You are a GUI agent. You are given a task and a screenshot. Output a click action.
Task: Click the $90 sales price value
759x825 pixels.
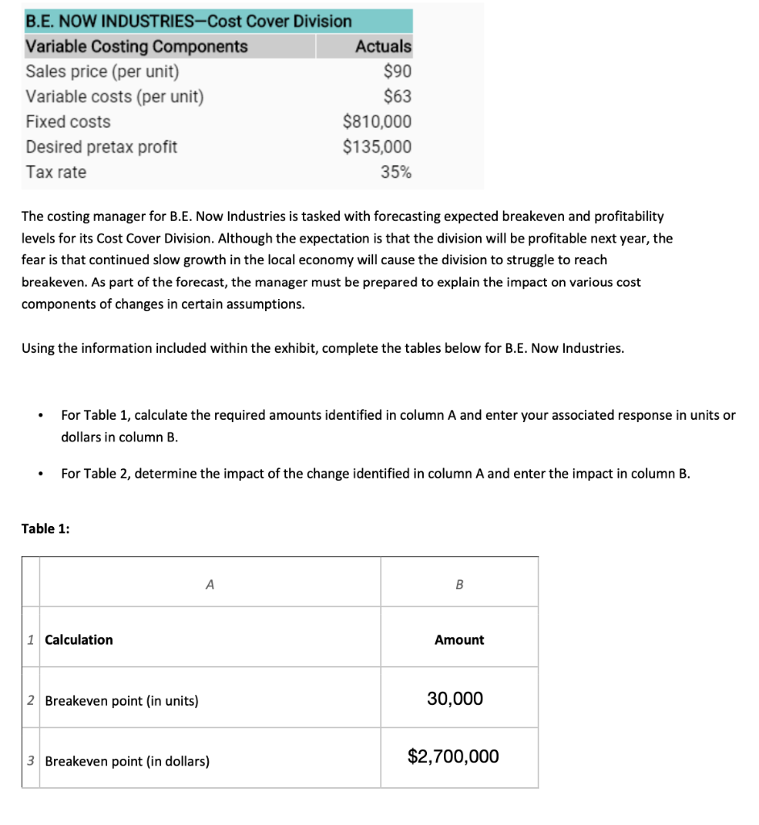pos(397,71)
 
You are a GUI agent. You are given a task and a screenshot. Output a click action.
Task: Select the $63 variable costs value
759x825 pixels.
pos(397,97)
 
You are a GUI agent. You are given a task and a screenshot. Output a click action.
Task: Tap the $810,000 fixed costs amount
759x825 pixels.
pos(377,122)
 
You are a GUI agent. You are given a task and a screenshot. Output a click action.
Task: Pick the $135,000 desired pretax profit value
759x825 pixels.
pos(377,147)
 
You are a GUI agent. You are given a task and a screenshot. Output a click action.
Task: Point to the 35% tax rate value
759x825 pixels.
pos(396,172)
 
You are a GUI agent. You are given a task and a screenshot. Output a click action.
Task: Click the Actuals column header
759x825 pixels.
pos(383,46)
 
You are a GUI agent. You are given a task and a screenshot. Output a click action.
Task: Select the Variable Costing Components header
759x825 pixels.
pos(137,46)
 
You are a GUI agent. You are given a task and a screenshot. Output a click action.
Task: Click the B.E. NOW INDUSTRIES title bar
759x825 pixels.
pos(189,20)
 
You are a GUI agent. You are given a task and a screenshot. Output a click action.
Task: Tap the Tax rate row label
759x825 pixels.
pos(56,172)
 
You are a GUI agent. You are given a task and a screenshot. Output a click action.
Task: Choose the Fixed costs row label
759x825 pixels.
pos(68,122)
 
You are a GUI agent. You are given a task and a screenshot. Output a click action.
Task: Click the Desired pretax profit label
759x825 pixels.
pos(102,147)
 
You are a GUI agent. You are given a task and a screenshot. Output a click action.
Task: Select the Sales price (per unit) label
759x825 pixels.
pos(102,71)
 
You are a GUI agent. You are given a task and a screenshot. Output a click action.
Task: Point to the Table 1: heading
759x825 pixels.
pos(45,529)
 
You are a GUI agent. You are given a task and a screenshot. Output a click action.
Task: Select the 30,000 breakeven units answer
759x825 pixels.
pos(455,699)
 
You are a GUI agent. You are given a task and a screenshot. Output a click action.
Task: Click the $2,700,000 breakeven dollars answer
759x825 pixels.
pos(454,757)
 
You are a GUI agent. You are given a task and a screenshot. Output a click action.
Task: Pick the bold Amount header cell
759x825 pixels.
pos(459,640)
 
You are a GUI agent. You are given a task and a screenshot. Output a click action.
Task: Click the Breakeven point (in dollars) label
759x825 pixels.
pos(127,761)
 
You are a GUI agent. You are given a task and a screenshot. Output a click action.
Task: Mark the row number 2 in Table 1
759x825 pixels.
pos(30,700)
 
